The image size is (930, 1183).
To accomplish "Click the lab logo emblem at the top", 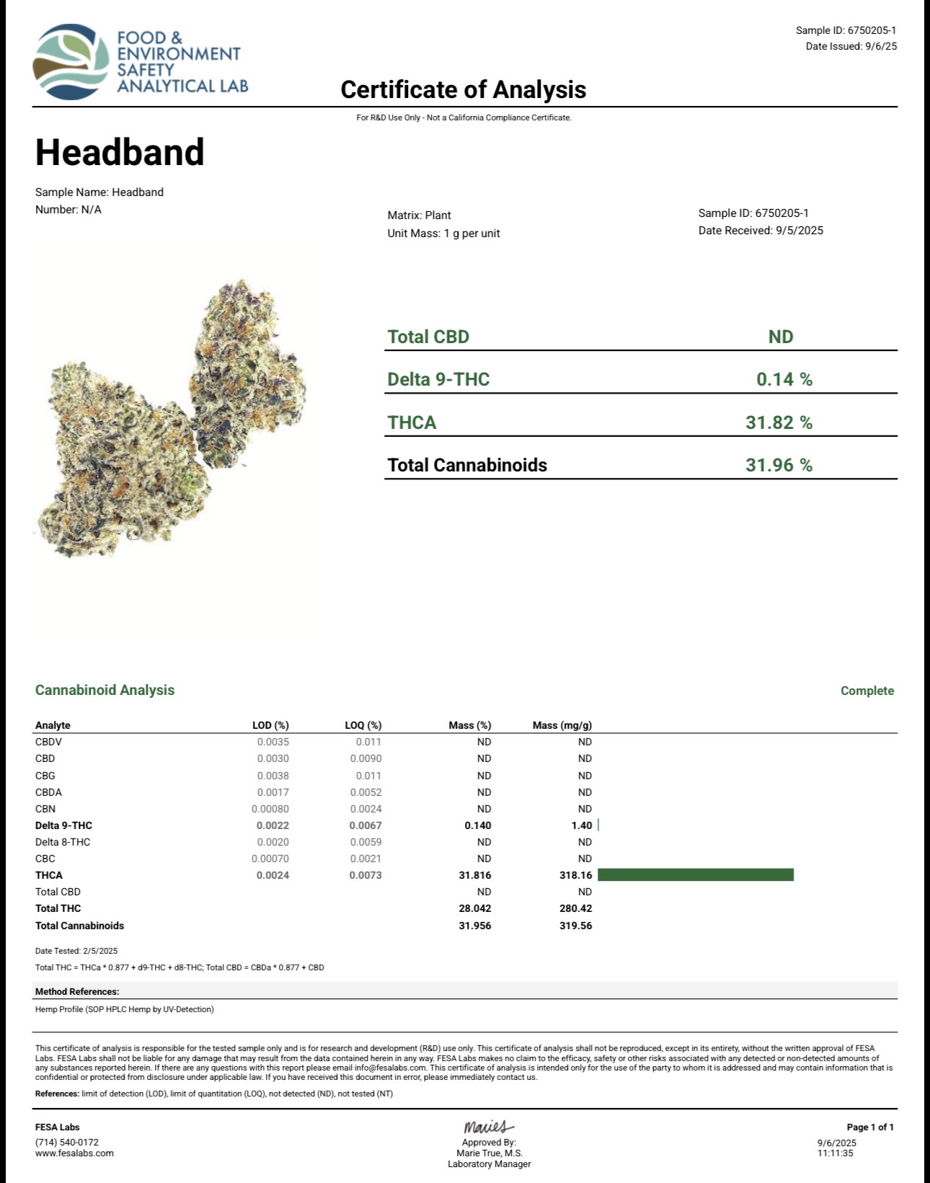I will click(71, 62).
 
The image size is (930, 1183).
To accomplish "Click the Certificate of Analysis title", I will click(463, 89).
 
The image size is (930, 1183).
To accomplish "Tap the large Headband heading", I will click(120, 152).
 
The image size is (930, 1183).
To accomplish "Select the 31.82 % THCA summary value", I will click(779, 422).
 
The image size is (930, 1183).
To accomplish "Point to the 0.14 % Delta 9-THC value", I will click(784, 379).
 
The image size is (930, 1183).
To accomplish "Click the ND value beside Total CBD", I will click(780, 337).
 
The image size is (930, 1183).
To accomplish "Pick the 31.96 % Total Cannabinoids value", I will click(779, 465).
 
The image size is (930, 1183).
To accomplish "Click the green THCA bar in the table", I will click(695, 874).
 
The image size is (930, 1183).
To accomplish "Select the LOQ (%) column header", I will click(363, 725).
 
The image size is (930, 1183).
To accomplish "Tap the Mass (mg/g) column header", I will click(562, 725).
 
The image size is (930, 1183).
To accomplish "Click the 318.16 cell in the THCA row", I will click(575, 875).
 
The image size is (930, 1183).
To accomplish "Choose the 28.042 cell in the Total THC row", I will click(474, 908).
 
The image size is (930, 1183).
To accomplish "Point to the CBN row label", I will click(45, 809).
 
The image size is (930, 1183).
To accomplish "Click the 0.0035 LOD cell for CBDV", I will click(273, 742).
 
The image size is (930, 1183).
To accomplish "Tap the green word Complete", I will click(867, 691).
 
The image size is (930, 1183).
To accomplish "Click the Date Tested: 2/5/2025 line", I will click(76, 951).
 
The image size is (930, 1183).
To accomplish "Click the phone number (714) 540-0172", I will click(67, 1142).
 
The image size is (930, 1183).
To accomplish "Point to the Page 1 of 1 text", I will click(869, 1127).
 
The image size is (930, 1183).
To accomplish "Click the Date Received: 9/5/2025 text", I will click(760, 231).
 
